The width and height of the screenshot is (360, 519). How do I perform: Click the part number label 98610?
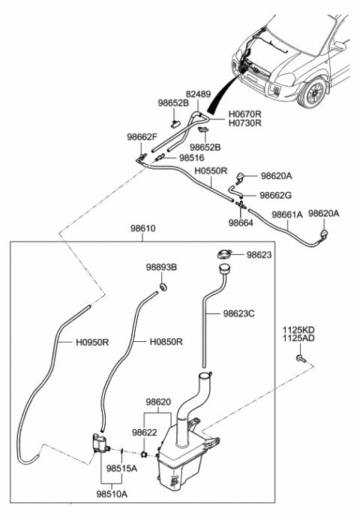(x=142, y=229)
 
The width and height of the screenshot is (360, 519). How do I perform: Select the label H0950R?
(x=92, y=342)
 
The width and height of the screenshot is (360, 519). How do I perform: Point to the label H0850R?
(x=166, y=341)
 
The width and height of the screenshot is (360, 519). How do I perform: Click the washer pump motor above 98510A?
(x=100, y=443)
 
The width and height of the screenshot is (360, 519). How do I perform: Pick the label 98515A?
(x=121, y=468)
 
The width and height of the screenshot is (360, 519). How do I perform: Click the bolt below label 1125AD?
(x=301, y=358)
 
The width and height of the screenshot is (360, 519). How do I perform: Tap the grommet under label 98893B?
(x=163, y=287)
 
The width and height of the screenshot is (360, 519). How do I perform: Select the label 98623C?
(x=238, y=313)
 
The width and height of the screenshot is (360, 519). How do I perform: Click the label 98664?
(x=241, y=223)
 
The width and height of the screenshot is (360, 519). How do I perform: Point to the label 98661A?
(x=287, y=214)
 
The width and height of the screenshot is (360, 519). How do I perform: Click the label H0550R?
(x=211, y=171)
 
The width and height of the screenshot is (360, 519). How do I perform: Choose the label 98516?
(x=192, y=158)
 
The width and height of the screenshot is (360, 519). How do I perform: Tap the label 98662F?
(x=142, y=137)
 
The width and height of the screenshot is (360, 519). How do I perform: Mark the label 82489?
(x=198, y=94)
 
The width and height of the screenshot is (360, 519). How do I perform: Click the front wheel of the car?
(x=313, y=93)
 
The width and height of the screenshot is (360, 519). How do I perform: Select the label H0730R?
(x=244, y=123)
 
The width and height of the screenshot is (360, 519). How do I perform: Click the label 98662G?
(x=276, y=195)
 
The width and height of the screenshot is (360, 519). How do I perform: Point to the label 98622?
(x=144, y=432)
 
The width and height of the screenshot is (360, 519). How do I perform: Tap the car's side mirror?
(x=339, y=46)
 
